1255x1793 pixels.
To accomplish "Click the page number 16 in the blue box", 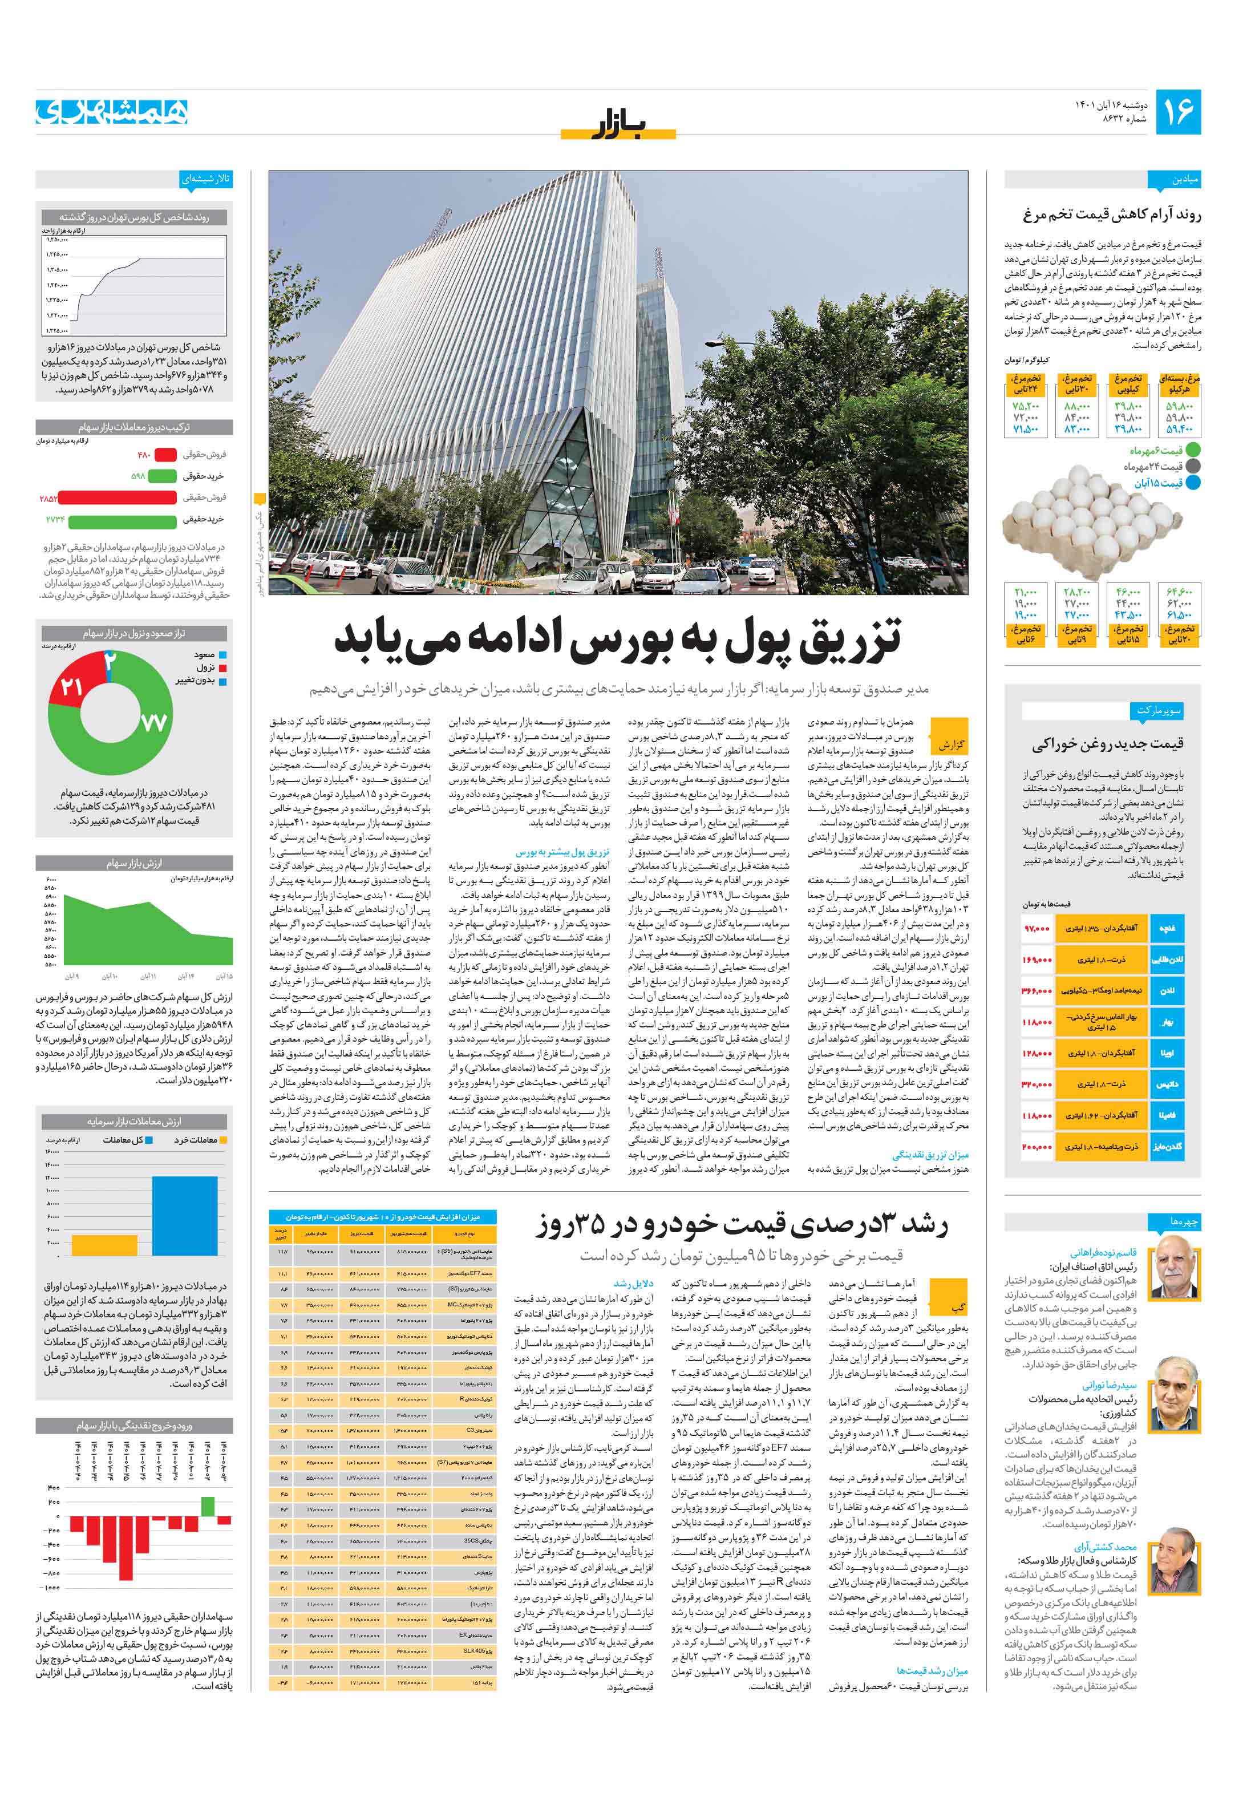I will (x=1177, y=112).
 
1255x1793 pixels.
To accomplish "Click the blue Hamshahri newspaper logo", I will (x=112, y=112).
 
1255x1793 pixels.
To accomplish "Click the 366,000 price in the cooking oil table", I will (x=1037, y=990).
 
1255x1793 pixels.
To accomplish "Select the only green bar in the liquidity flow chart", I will (x=207, y=1505).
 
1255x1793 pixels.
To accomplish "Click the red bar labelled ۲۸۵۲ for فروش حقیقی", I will (x=117, y=497).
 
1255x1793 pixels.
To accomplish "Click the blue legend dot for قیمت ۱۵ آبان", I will (x=1192, y=483).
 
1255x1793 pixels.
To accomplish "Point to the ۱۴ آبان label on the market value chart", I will (x=185, y=976).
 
